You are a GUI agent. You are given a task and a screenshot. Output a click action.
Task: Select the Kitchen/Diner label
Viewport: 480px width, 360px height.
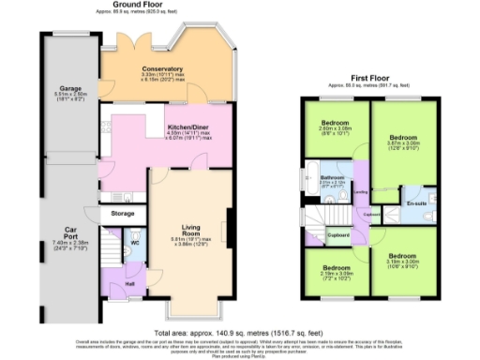click(187, 127)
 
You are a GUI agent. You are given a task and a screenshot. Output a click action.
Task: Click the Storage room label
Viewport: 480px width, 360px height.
click(123, 214)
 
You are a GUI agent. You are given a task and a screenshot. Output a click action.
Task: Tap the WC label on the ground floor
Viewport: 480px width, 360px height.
click(135, 244)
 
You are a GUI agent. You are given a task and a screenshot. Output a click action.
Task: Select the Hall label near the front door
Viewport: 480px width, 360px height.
click(130, 284)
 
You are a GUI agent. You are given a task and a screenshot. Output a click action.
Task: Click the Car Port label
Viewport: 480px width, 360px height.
click(69, 231)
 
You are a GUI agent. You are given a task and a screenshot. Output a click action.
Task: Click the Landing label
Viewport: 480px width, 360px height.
click(360, 193)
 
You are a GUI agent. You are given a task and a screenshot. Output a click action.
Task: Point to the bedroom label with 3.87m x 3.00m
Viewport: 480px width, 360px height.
click(404, 137)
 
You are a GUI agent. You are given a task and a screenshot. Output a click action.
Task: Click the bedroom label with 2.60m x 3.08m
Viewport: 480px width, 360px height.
click(336, 123)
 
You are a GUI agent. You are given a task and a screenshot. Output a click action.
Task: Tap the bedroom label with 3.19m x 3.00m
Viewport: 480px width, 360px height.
click(404, 255)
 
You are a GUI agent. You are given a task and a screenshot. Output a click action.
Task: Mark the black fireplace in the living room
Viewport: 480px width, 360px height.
click(230, 228)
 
